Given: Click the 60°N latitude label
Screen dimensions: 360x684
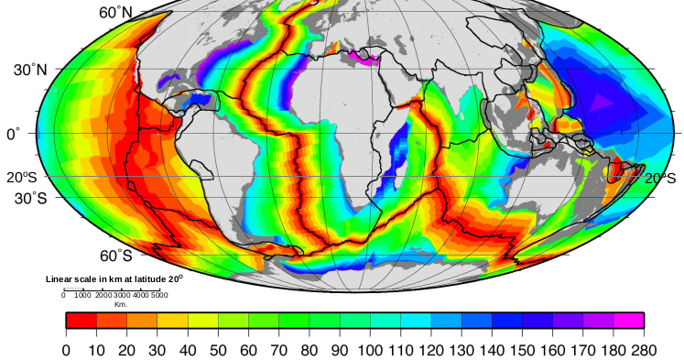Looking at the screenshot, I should coord(115,12).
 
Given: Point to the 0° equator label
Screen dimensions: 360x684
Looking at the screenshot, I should coord(12,134).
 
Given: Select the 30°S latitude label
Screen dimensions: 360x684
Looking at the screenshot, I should coord(28,197).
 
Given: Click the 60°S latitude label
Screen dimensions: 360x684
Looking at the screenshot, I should coord(116,256).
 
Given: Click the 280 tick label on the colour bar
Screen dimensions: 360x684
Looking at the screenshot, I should coord(645,350).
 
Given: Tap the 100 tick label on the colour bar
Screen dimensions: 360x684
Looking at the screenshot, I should coord(371,350).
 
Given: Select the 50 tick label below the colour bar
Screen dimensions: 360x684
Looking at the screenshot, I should coord(218,350).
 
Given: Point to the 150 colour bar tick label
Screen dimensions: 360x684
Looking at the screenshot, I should coord(523,350).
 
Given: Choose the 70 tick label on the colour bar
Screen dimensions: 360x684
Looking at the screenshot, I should coord(279,350).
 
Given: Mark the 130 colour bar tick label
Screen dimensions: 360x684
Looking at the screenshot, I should coord(462,350).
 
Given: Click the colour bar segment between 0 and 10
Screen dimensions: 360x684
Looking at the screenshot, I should coord(81,320).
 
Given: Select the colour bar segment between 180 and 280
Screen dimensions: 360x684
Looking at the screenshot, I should coord(629,320).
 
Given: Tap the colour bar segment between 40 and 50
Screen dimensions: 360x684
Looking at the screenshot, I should coord(202,320).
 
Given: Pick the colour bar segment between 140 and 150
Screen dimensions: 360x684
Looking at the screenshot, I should coord(507,320).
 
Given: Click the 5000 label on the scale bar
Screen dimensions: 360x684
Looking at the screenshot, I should coord(160,295).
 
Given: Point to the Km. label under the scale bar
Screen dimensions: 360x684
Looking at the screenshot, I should coord(120,304).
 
